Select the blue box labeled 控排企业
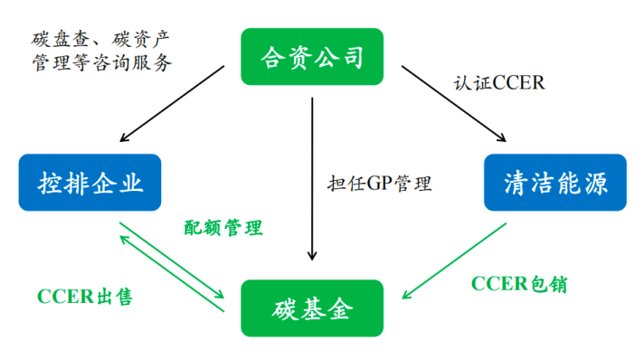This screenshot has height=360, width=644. pos(90,184)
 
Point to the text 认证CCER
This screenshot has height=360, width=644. pos(498,82)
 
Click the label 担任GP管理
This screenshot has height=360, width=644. pos(379,184)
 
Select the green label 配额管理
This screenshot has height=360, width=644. pos(223,228)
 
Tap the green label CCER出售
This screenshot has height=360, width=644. pos(85,297)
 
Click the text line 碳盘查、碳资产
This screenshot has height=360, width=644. pos(99,39)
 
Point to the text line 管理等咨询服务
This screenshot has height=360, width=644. pos(99,64)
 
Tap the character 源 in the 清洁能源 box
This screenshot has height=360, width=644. pos(609,184)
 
